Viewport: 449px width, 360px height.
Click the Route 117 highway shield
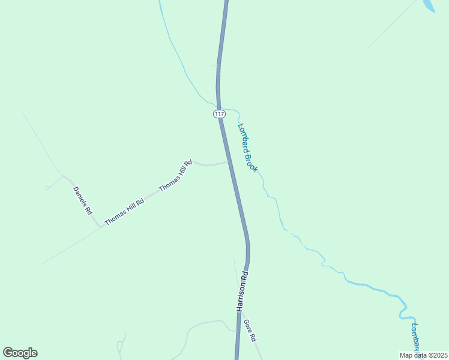coord(218,113)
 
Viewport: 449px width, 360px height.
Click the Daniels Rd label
coord(83,201)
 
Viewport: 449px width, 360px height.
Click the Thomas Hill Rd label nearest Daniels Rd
coord(124,212)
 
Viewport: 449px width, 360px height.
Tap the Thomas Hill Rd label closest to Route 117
coord(175,176)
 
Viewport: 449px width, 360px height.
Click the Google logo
coord(20,353)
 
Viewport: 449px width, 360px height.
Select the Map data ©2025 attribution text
coord(423,355)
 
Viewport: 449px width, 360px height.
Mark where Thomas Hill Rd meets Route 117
coord(228,161)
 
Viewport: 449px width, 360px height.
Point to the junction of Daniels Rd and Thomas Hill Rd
coord(100,228)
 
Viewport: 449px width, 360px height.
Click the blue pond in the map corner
coord(428,5)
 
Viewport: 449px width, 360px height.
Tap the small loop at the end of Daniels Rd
coord(48,187)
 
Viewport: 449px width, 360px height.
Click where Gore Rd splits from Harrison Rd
coord(241,311)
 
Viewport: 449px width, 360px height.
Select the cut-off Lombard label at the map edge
coord(415,336)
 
